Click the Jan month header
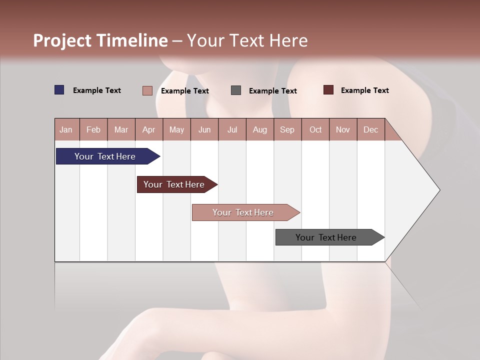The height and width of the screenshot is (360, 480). tap(66, 129)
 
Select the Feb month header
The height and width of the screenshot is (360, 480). tap(93, 129)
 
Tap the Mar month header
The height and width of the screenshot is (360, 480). tap(121, 129)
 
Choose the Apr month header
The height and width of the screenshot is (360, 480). tap(149, 129)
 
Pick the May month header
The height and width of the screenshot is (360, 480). tap(176, 129)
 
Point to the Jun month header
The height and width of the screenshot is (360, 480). tap(204, 129)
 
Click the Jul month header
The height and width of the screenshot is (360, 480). tap(232, 129)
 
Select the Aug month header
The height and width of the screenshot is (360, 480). tap(260, 129)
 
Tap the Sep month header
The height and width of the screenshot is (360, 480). tap(287, 129)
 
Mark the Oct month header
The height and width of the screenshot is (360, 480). tap(315, 129)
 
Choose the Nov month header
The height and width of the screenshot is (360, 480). tap(343, 129)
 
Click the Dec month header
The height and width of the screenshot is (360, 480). tap(371, 129)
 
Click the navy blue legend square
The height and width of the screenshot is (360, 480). tap(59, 90)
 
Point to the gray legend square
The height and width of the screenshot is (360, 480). tap(236, 90)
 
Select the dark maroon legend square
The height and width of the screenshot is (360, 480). tap(328, 90)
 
